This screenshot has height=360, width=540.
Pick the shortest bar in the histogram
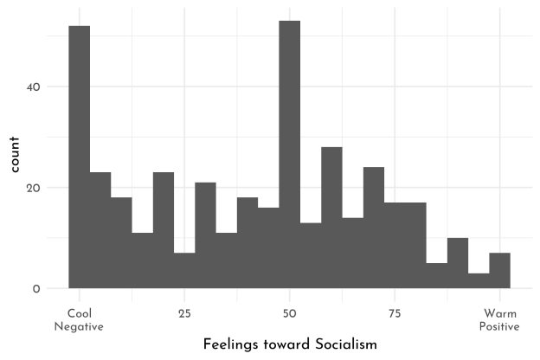click(x=479, y=280)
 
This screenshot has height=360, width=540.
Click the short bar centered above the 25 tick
click(x=184, y=271)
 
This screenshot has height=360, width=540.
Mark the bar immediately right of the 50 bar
click(x=311, y=255)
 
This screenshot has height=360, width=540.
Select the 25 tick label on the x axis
click(x=184, y=312)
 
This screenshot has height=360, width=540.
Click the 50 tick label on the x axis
click(x=290, y=312)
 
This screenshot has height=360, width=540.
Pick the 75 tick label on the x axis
click(x=395, y=312)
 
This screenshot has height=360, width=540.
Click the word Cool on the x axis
click(x=79, y=312)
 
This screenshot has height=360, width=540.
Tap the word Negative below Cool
click(x=79, y=326)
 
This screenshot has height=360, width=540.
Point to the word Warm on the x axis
click(x=500, y=312)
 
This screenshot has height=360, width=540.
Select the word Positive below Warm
click(x=500, y=326)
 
